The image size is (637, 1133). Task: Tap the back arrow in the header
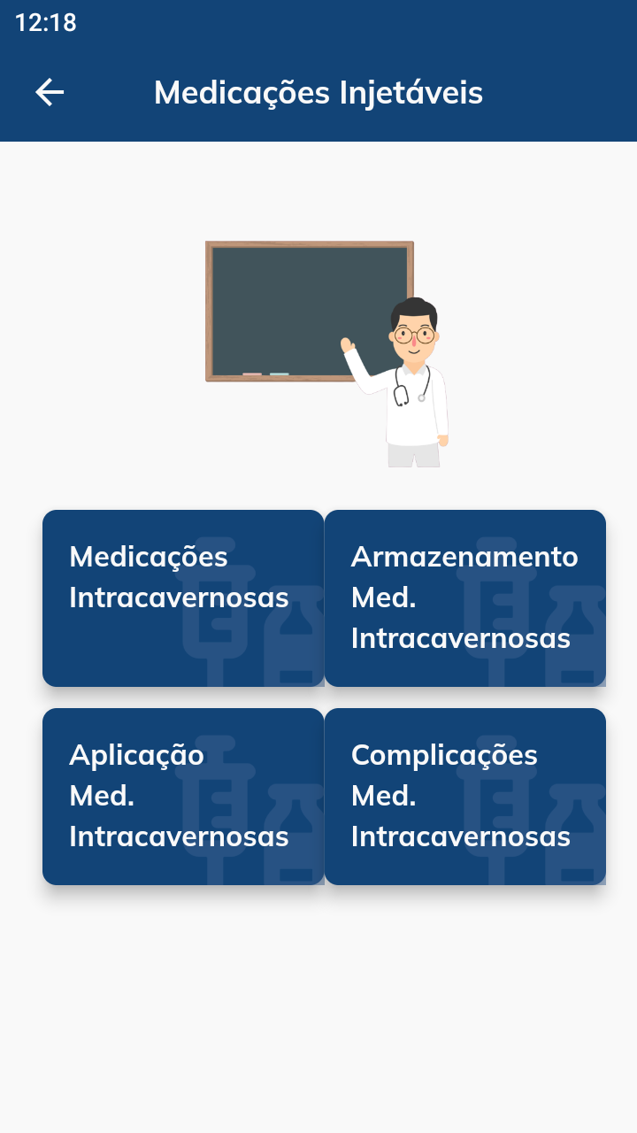click(x=50, y=92)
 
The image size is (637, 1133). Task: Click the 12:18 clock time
click(x=46, y=23)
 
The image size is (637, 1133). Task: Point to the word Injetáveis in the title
click(x=411, y=93)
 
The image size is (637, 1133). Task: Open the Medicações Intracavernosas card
click(x=183, y=598)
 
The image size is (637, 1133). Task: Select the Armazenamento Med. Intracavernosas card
click(x=465, y=598)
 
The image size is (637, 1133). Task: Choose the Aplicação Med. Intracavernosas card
click(x=183, y=797)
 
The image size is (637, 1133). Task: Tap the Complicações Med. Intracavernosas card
click(x=465, y=797)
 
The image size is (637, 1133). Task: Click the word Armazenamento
click(x=464, y=557)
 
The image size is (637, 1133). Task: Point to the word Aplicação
click(x=136, y=756)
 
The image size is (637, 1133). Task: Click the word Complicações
click(x=444, y=756)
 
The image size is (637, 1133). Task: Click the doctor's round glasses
click(x=414, y=335)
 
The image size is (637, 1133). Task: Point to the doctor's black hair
click(x=414, y=309)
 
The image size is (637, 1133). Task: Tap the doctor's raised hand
click(x=348, y=345)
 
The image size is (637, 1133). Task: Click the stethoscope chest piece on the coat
click(x=422, y=398)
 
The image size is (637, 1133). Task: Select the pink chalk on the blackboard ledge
click(x=252, y=374)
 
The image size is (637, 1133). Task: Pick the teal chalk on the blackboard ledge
click(x=279, y=374)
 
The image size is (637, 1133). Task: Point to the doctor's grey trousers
click(x=413, y=455)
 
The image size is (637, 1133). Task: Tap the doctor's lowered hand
click(x=443, y=441)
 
